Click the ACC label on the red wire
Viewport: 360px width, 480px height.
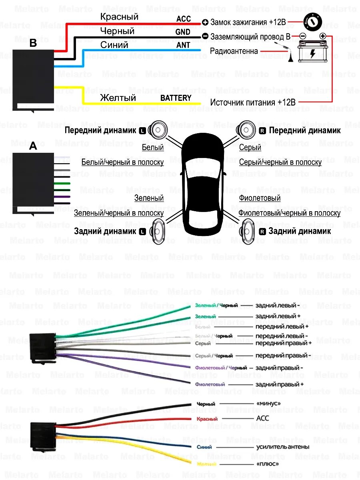(x=184, y=19)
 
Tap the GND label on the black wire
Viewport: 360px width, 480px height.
(x=183, y=32)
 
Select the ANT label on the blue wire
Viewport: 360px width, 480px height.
(x=183, y=45)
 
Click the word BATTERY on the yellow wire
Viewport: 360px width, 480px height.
(x=176, y=98)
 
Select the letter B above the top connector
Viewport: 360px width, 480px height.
(x=33, y=44)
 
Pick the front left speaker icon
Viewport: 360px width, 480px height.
(x=156, y=130)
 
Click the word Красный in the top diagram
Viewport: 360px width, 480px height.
(x=119, y=17)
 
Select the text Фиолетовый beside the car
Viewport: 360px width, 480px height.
(x=260, y=198)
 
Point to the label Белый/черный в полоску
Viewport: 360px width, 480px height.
(x=122, y=162)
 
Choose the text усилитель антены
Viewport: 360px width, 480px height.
(x=282, y=447)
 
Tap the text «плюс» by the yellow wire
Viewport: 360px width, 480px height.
(x=267, y=464)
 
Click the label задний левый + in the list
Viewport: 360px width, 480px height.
(x=278, y=316)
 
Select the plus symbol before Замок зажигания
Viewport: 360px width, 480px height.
(x=205, y=22)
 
